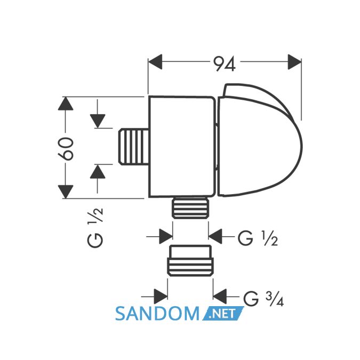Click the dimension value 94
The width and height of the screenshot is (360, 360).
tap(225, 64)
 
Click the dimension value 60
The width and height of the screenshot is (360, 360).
tap(66, 148)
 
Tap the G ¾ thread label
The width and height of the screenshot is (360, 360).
tap(263, 299)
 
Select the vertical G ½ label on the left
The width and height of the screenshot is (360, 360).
tap(95, 228)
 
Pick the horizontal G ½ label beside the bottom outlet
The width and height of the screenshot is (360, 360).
tap(258, 238)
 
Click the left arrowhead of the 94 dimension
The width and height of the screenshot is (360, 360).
tap(155, 62)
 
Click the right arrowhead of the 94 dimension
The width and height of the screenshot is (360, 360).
tap(294, 62)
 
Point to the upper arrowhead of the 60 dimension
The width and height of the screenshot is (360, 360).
tap(66, 103)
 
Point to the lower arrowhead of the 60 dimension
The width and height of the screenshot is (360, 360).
tap(66, 192)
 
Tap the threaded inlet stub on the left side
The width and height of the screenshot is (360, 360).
tap(134, 147)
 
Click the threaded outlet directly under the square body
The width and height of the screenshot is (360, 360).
tap(190, 207)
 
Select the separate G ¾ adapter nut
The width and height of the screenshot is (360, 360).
tap(190, 260)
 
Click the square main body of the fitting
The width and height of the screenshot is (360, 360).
tap(182, 147)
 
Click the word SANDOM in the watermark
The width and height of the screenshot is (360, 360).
tap(157, 314)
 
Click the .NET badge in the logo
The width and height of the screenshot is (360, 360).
tap(223, 314)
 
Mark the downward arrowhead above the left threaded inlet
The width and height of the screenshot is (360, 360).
tap(98, 121)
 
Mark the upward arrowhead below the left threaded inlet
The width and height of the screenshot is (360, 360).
tap(98, 172)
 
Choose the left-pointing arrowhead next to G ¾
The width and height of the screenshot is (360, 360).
tap(220, 297)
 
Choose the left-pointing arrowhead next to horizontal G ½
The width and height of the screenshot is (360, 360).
tap(215, 236)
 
